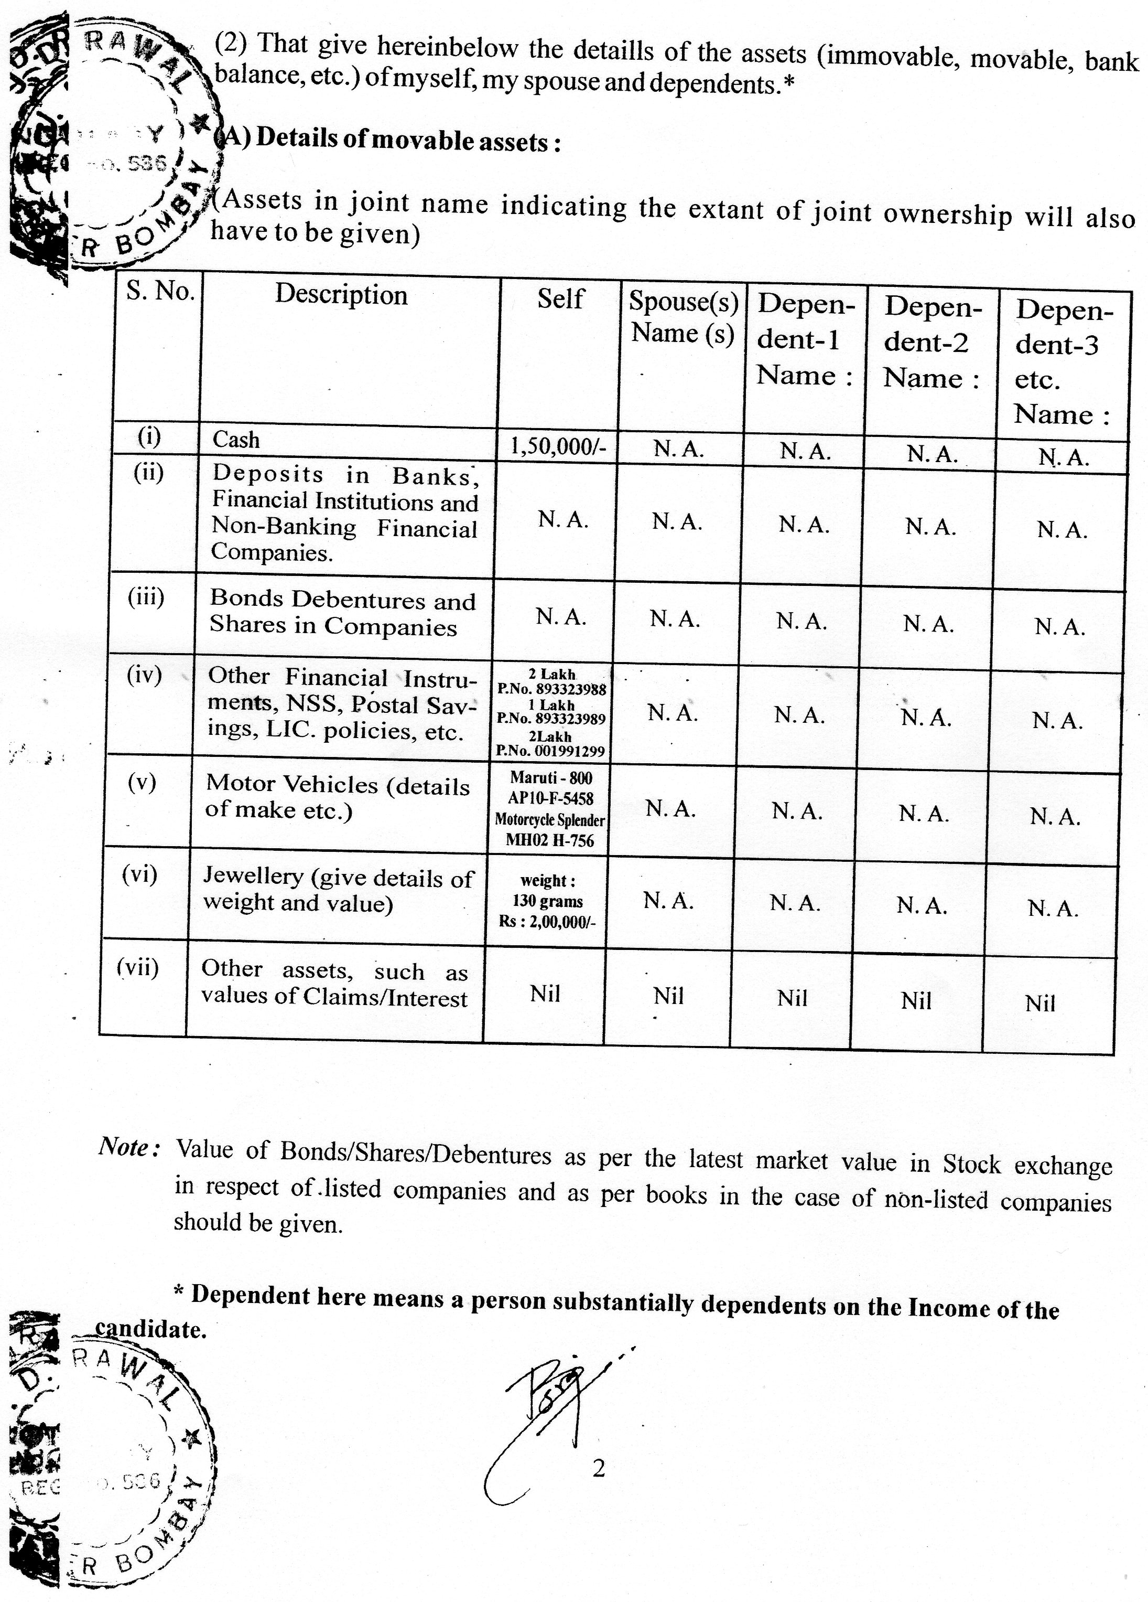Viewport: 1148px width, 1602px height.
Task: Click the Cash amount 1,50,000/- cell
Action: [558, 446]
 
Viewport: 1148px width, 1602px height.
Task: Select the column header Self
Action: [560, 299]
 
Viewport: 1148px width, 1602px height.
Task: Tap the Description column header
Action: [341, 295]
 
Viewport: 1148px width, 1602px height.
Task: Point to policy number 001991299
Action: [551, 751]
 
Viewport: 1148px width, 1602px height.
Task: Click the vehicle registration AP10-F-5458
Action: [551, 798]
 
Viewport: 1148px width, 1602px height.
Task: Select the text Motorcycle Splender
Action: [549, 819]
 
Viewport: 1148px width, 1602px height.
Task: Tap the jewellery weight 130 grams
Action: [547, 901]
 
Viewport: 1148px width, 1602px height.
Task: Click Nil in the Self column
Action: [545, 994]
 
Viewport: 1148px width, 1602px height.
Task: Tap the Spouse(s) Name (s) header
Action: [683, 316]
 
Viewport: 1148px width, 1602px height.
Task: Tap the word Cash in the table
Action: [236, 440]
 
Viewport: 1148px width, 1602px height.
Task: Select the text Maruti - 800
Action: [551, 778]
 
